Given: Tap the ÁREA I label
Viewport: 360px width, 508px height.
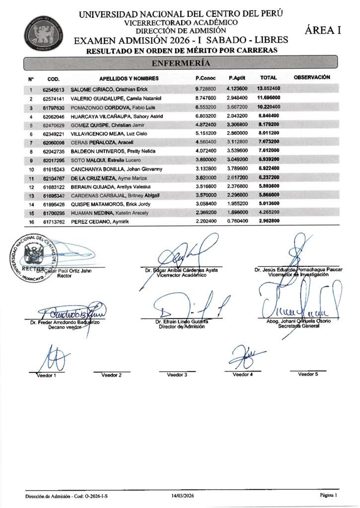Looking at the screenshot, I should (323, 30).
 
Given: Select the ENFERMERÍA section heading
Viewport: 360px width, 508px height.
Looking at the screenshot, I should (180, 63).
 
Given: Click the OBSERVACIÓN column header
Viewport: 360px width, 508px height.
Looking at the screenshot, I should (312, 77).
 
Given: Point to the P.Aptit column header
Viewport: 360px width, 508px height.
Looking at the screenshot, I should (237, 78).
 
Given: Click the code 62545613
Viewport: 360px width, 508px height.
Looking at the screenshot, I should (54, 90).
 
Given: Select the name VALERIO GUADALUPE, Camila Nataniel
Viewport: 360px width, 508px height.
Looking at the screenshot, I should (114, 99).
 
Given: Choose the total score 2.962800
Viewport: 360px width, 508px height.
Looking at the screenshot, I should (269, 221).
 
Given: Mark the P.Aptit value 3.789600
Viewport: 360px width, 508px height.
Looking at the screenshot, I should (237, 169).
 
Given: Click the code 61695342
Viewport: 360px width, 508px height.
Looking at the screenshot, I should (54, 195).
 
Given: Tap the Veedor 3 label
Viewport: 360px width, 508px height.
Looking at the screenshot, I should (177, 375).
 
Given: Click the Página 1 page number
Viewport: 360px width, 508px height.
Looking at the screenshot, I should (328, 495).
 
